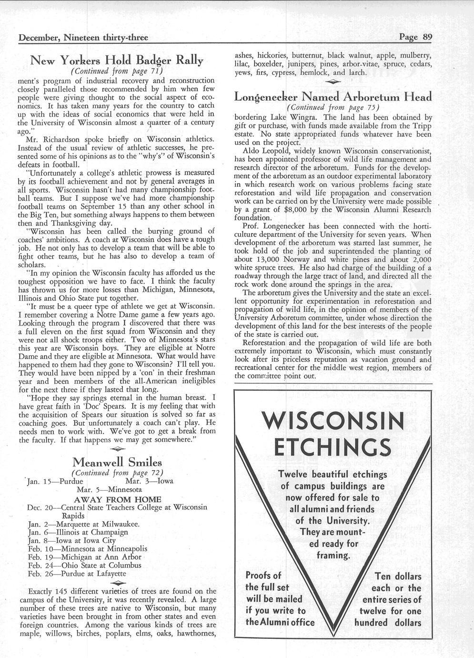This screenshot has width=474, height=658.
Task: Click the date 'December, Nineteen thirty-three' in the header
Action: [x=83, y=38]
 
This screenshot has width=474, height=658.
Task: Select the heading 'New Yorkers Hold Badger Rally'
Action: [x=117, y=61]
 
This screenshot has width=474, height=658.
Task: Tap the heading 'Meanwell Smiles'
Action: [x=117, y=462]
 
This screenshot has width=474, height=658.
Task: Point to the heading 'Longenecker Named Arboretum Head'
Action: [x=333, y=97]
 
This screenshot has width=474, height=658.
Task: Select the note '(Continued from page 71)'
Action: [x=117, y=72]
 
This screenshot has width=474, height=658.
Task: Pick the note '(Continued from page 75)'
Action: [x=333, y=107]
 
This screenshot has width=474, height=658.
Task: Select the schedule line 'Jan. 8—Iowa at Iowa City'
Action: [x=72, y=541]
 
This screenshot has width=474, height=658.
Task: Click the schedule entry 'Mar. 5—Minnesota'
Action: [x=109, y=489]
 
